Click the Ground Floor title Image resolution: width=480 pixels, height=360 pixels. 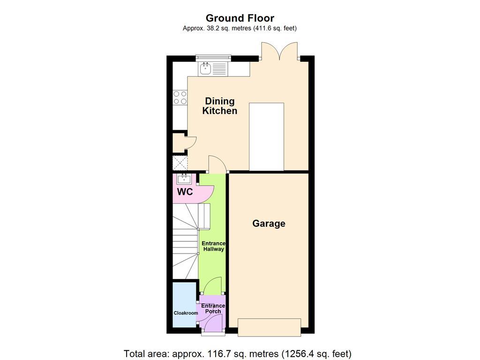coord(240,18)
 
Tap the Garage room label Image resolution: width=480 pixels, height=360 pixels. coord(269,224)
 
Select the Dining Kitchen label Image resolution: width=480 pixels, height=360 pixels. coord(219,106)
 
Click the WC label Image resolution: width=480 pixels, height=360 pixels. coord(185,192)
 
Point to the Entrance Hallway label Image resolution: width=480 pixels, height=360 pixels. coord(213,246)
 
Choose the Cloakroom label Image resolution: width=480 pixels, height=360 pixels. coord(186,313)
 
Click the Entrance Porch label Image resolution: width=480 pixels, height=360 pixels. coord(213,308)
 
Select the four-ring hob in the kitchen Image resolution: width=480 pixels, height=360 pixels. coord(180,97)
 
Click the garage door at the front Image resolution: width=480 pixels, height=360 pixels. coord(269,327)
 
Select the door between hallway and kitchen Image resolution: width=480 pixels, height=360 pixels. coord(217,164)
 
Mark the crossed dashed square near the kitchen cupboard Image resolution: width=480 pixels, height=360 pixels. coord(180,163)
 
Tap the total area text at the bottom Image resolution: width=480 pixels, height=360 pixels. coord(238,353)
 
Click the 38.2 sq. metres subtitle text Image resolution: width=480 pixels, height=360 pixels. coord(240,28)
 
